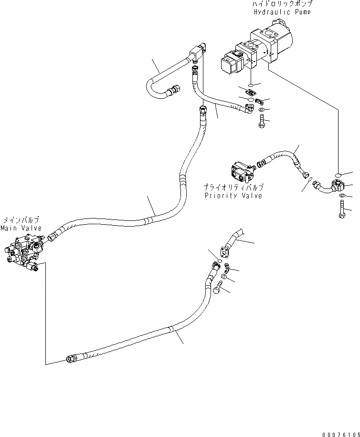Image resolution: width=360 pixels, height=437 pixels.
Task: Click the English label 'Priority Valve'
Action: click(x=233, y=196)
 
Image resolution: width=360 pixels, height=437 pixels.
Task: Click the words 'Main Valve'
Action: click(x=21, y=228)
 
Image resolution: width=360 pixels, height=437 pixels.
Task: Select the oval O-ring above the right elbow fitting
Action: click(x=338, y=175)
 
